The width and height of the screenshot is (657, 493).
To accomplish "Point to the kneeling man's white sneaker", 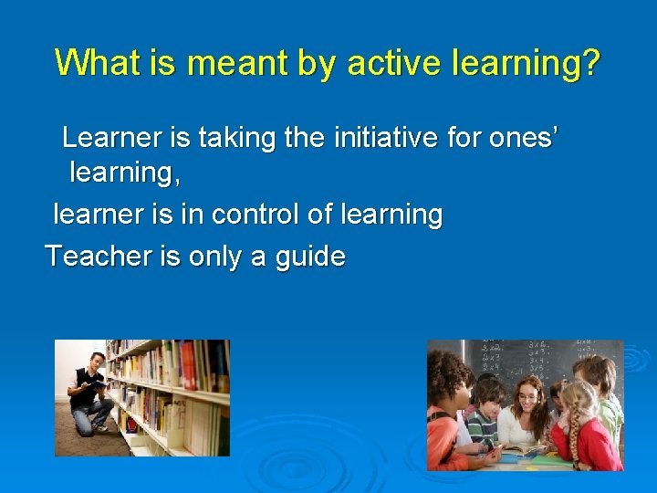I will tap(100, 425).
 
